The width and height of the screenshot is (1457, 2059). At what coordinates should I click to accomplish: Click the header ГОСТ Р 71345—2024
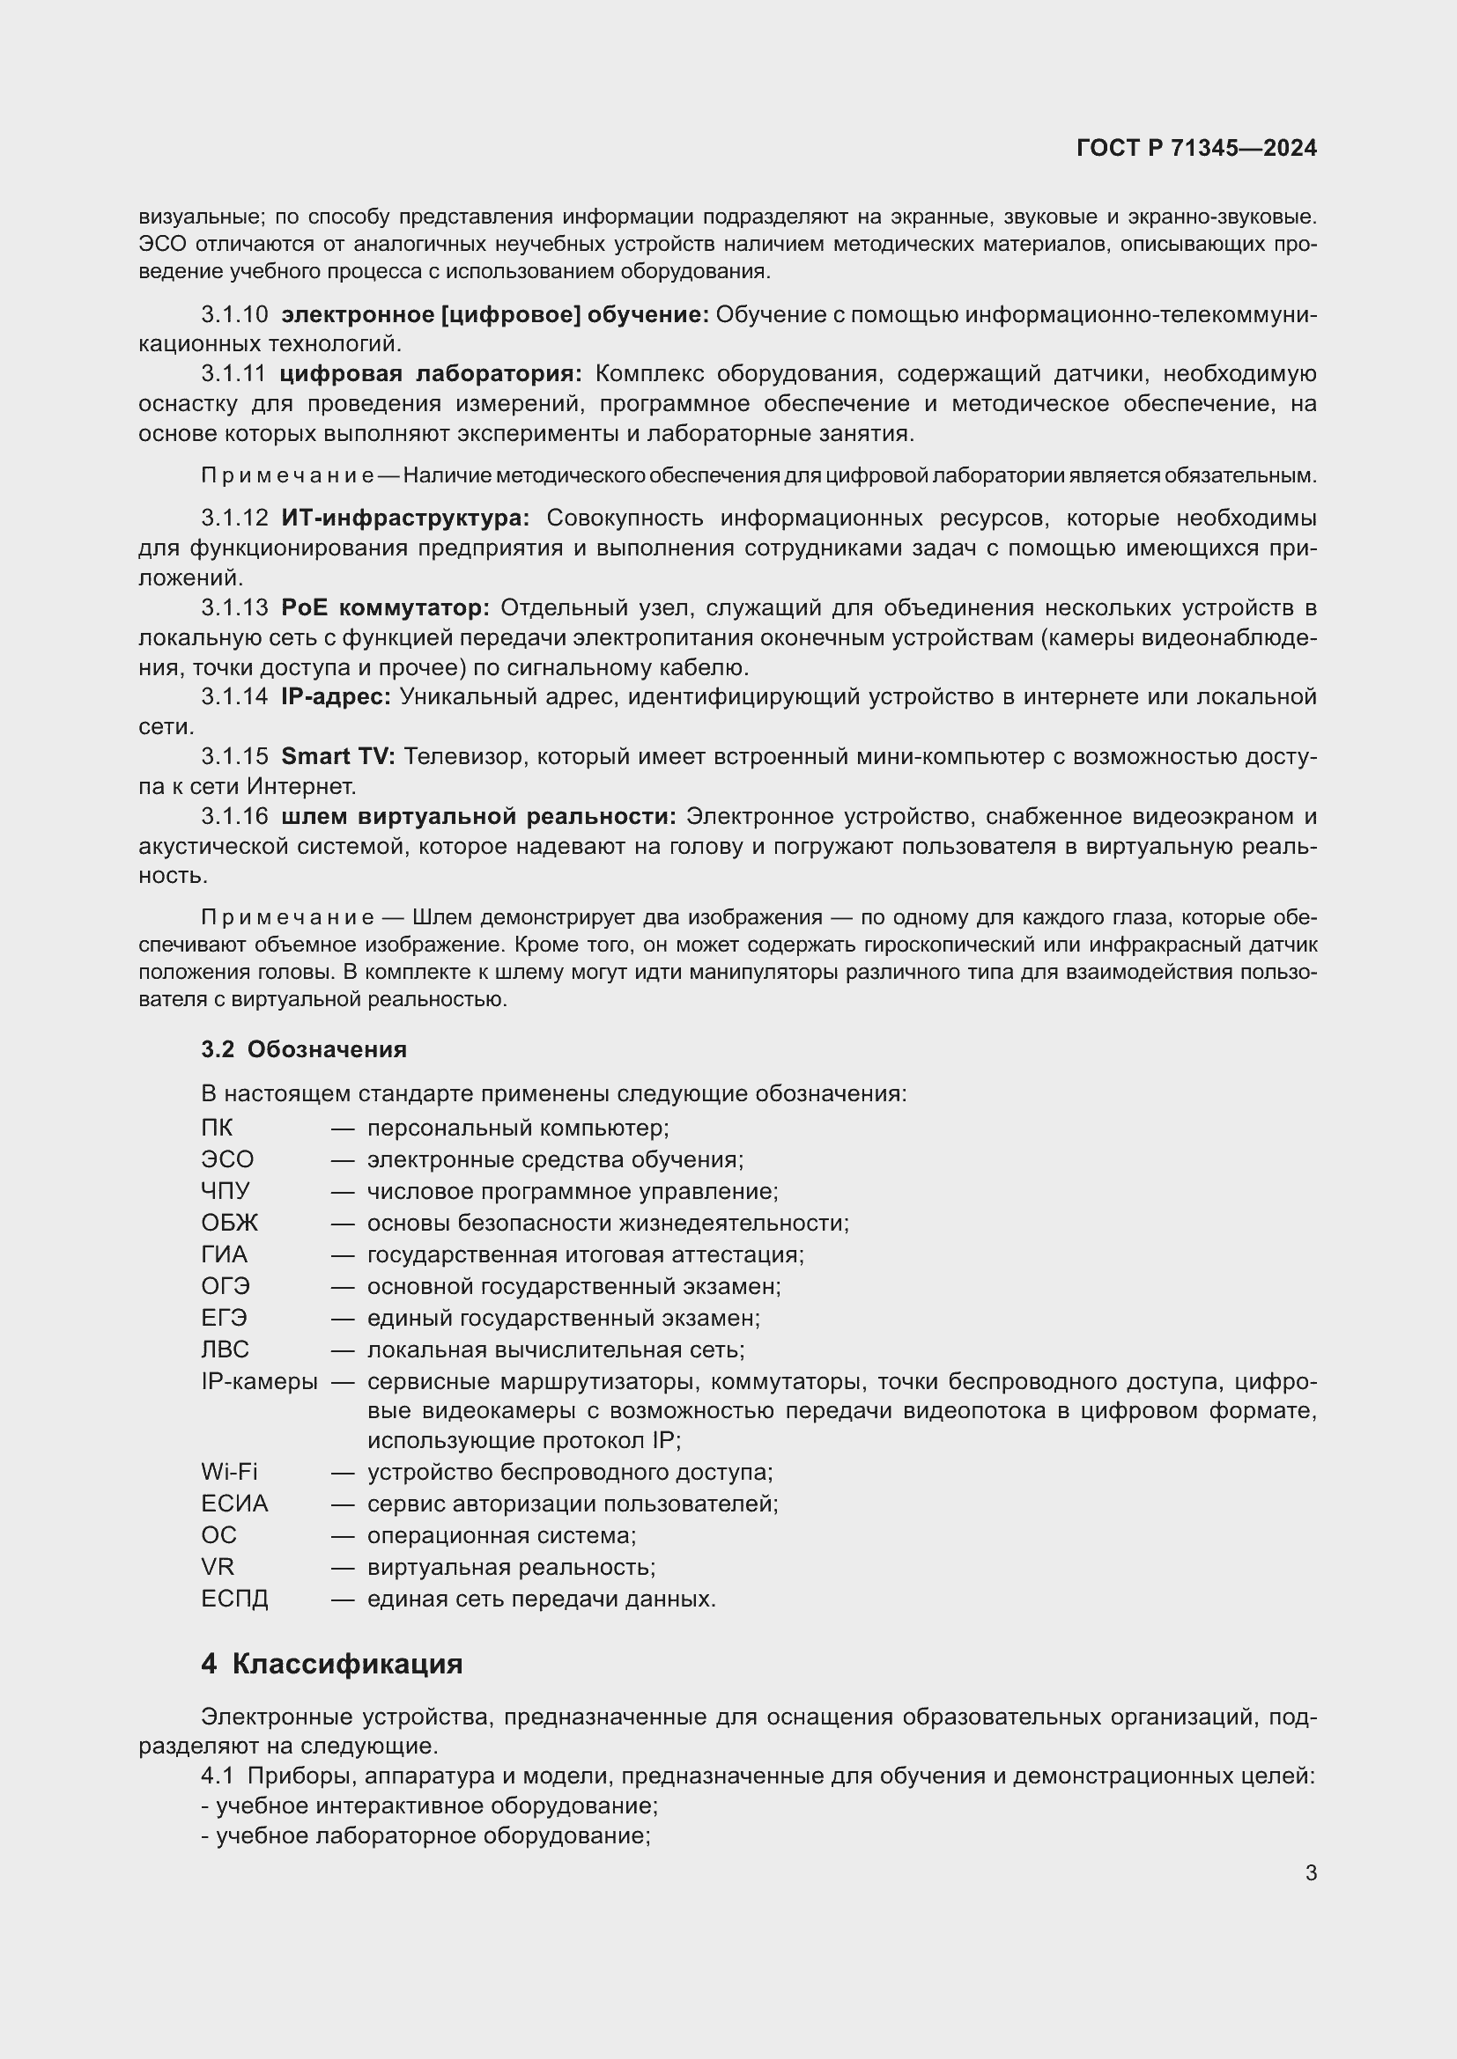1196,148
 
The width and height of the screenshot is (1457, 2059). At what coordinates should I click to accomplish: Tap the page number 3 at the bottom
1311,1872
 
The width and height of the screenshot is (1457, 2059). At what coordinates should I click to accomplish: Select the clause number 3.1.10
234,315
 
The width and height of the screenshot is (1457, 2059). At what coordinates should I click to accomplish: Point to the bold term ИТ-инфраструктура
404,518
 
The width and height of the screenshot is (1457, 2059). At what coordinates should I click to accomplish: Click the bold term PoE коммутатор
385,608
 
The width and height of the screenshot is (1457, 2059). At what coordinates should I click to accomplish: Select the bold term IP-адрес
336,697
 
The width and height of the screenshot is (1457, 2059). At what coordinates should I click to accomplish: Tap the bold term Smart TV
337,757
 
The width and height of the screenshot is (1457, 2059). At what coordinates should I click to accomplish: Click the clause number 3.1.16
234,817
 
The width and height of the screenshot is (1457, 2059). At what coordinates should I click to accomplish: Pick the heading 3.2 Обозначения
303,1049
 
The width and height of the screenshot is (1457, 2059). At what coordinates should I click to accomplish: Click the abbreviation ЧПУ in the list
226,1191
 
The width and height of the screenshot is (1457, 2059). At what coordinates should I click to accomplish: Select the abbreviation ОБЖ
230,1224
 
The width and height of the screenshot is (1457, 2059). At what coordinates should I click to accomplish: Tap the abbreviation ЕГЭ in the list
225,1319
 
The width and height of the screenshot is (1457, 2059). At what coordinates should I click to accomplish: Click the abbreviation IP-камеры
259,1382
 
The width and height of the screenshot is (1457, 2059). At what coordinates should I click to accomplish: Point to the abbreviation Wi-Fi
229,1472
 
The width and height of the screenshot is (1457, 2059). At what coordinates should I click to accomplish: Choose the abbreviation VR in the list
217,1567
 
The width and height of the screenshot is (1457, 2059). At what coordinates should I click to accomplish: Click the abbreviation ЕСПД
234,1599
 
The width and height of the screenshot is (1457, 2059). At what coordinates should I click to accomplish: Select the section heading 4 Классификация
332,1665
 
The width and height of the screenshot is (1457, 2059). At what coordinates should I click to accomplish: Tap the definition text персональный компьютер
518,1128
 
